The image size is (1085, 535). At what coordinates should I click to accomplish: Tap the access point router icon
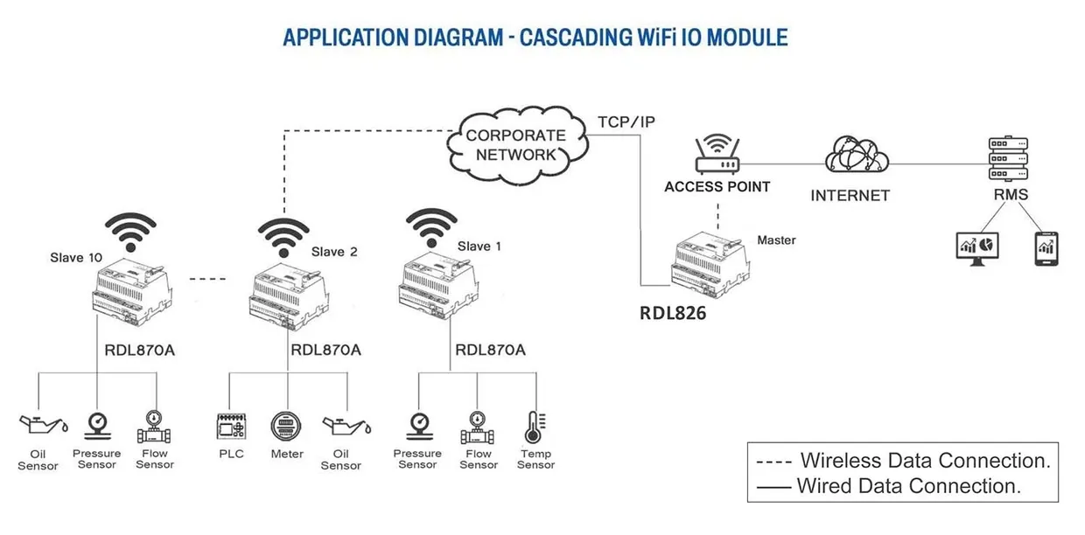pyautogui.click(x=717, y=156)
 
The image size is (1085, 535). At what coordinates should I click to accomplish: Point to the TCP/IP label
pyautogui.click(x=626, y=122)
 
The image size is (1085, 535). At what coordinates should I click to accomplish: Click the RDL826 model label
pyautogui.click(x=672, y=312)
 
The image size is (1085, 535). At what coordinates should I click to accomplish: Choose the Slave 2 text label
pyautogui.click(x=334, y=252)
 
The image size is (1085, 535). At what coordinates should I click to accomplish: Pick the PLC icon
pyautogui.click(x=232, y=427)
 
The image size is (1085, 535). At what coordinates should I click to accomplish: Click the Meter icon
pyautogui.click(x=286, y=427)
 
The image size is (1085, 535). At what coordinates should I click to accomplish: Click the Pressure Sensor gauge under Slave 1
pyautogui.click(x=417, y=427)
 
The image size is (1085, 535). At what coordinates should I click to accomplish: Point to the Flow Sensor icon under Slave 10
pyautogui.click(x=154, y=427)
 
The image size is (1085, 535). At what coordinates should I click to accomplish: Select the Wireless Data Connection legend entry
pyautogui.click(x=901, y=460)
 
